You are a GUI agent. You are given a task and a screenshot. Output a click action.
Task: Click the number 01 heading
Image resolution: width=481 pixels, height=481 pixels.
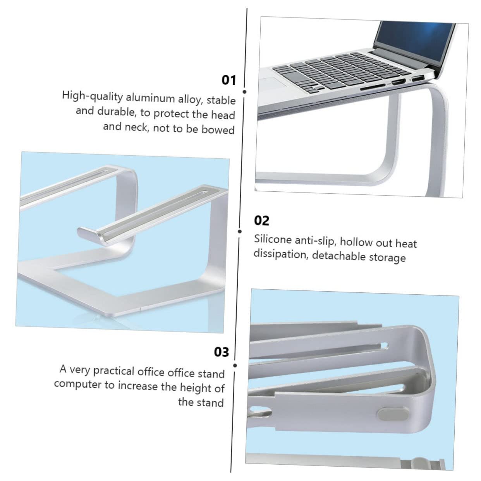tap(228, 81)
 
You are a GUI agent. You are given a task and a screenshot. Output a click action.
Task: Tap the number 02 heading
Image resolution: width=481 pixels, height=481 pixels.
tap(261, 221)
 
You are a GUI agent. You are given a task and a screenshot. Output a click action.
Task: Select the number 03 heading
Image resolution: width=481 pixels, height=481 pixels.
tap(222, 352)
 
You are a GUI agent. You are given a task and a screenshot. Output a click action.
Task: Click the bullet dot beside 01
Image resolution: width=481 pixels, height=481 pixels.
tap(245, 92)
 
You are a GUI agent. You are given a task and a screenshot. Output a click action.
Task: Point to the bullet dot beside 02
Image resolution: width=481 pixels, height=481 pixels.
tap(240, 231)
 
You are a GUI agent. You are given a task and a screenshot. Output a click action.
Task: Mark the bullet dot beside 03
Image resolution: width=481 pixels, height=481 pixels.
tap(235, 366)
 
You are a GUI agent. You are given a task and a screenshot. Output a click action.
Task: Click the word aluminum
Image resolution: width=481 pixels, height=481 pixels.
tap(150, 98)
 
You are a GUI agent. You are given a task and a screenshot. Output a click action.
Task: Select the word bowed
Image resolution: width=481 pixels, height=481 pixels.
tap(218, 130)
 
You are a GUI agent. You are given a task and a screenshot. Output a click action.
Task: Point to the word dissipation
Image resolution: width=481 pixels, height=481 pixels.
tap(281, 254)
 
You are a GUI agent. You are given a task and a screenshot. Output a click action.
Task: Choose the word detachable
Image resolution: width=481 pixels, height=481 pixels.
tap(338, 256)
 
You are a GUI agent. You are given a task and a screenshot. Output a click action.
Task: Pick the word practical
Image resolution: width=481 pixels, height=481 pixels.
tap(113, 371)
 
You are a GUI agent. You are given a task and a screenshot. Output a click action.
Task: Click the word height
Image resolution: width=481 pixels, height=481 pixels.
tap(196, 387)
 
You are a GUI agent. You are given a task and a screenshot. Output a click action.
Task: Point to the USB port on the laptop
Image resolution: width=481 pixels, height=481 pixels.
tap(417, 79)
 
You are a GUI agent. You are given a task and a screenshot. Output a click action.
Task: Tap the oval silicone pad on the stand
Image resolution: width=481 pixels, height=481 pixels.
tap(393, 414)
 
